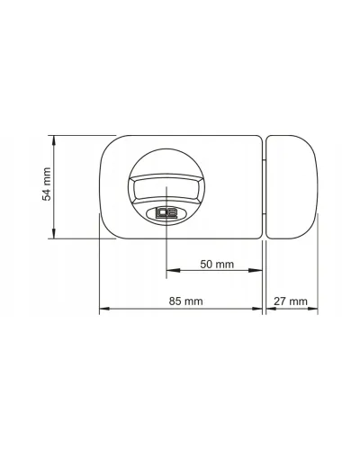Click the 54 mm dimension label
pos(47,184)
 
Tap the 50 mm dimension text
pos(217,265)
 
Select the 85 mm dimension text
pos(185,301)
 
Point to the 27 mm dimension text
pos(291,301)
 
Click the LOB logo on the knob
pos(166,213)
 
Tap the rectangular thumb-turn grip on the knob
pos(166,189)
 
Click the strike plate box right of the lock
pos(292,187)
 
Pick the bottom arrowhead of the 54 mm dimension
pos(54,233)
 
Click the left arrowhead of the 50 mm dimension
pos(173,270)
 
